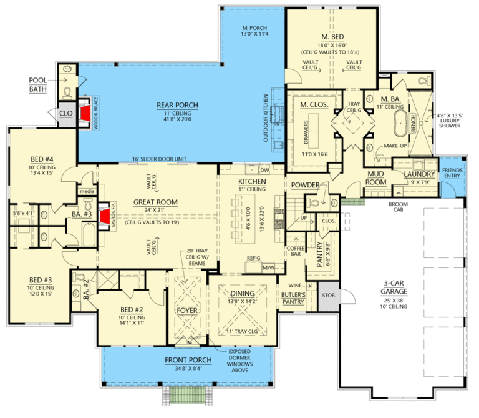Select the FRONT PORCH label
[x=186, y=360]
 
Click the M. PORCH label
[x=254, y=29]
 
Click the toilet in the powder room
[x=316, y=202]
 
